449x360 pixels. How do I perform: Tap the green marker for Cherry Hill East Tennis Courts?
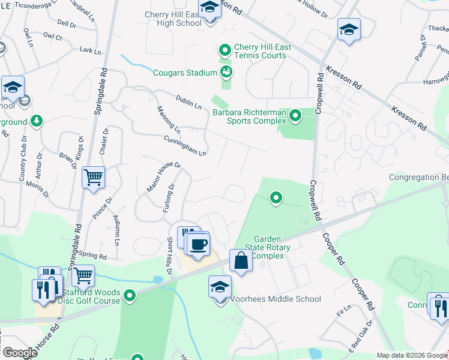(x=225, y=50)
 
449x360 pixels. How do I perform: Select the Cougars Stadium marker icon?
(x=226, y=73)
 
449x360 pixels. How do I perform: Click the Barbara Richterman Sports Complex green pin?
(x=295, y=115)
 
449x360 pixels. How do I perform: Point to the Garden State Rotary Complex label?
(x=272, y=247)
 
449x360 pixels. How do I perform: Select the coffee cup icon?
(x=198, y=244)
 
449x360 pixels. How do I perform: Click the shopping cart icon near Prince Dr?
(x=94, y=177)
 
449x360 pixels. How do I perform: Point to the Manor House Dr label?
(x=164, y=177)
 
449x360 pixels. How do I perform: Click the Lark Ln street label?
(x=90, y=52)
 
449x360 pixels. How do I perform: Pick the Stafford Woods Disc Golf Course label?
(x=91, y=297)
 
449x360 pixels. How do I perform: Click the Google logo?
(x=19, y=353)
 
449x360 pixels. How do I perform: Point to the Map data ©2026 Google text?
(x=412, y=355)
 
